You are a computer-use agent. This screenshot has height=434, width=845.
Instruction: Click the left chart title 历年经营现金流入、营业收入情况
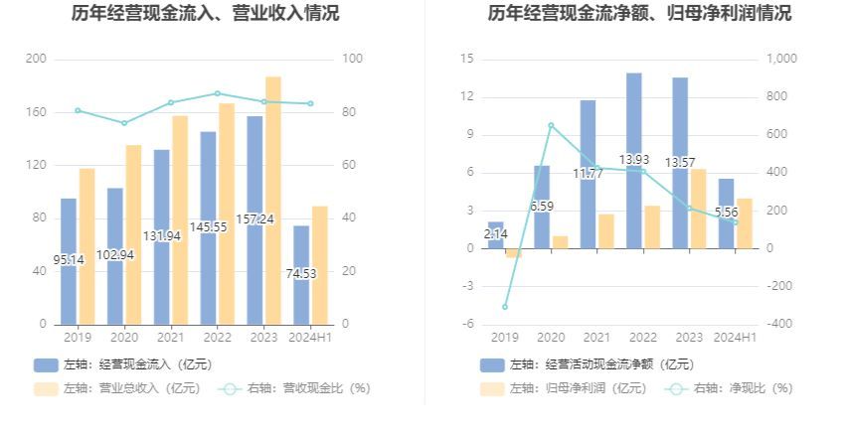[206, 14]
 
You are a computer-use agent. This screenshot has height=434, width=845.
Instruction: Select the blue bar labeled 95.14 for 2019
[69, 261]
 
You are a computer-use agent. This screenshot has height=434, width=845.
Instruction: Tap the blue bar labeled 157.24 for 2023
[254, 220]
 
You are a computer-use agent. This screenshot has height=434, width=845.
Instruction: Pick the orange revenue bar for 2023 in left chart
[272, 200]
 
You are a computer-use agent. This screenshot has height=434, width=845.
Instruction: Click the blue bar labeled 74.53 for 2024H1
[301, 275]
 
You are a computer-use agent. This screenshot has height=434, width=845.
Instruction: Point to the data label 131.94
[161, 236]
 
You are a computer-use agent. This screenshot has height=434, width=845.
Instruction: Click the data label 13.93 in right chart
[633, 160]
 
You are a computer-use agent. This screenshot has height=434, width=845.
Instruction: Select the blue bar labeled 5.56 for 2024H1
[727, 214]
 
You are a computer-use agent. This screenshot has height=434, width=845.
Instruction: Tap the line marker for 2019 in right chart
[504, 307]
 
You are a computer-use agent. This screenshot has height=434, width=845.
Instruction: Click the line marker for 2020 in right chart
[551, 125]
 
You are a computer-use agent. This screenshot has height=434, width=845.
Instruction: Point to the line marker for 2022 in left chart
[218, 93]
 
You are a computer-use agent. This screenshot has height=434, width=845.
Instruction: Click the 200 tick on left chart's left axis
[36, 60]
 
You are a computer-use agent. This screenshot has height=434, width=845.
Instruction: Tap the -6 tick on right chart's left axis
[466, 325]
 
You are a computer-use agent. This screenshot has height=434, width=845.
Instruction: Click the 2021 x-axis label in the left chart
[170, 338]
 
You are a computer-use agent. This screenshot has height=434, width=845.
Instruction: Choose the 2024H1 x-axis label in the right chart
[736, 338]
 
